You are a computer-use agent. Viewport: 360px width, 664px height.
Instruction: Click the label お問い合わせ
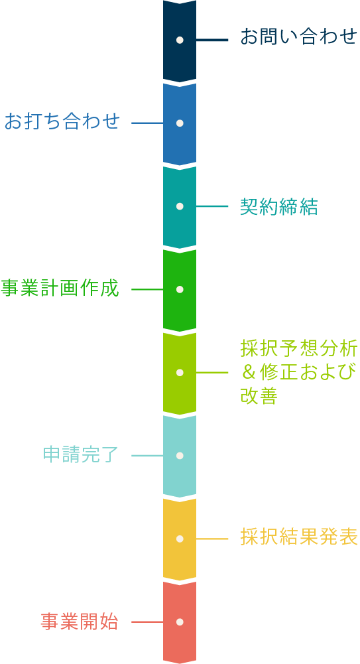coord(299,37)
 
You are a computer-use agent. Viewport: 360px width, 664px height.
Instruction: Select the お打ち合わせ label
coord(62,121)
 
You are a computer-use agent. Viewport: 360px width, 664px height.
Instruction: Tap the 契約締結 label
coord(278,207)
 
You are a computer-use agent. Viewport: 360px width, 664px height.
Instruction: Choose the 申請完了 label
coord(81,455)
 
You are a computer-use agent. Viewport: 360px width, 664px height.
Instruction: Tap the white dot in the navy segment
coord(180,40)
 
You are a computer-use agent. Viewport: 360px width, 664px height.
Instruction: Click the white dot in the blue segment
coord(180,123)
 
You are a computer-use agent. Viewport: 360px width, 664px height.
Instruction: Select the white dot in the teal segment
coord(180,206)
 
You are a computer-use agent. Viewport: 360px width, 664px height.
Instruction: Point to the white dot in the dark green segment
coord(180,289)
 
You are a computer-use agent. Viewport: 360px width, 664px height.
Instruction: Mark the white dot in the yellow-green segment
coord(180,372)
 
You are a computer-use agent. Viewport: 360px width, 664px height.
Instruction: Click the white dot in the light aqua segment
coord(180,456)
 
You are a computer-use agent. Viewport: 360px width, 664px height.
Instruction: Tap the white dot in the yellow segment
coord(180,539)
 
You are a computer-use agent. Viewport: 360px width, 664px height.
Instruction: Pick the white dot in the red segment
coord(180,622)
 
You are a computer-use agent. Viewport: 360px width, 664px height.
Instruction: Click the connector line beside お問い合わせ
coord(212,40)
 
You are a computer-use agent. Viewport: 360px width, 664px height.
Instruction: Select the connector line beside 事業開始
coord(147,622)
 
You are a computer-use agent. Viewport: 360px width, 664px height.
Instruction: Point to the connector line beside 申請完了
coord(147,456)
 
